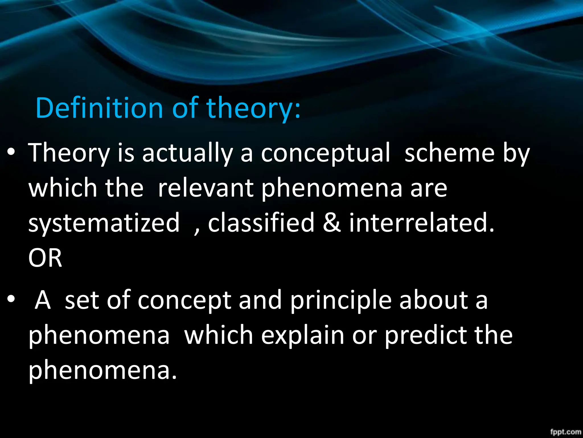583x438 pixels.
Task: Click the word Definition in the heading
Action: click(99, 108)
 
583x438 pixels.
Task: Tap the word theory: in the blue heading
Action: click(253, 108)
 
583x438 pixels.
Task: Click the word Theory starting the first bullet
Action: click(69, 153)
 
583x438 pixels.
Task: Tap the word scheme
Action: click(449, 153)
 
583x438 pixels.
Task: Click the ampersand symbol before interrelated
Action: click(332, 222)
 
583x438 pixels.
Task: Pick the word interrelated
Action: click(422, 222)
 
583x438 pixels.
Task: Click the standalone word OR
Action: click(45, 258)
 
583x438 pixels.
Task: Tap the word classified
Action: click(261, 222)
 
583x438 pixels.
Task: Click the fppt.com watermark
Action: click(565, 432)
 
